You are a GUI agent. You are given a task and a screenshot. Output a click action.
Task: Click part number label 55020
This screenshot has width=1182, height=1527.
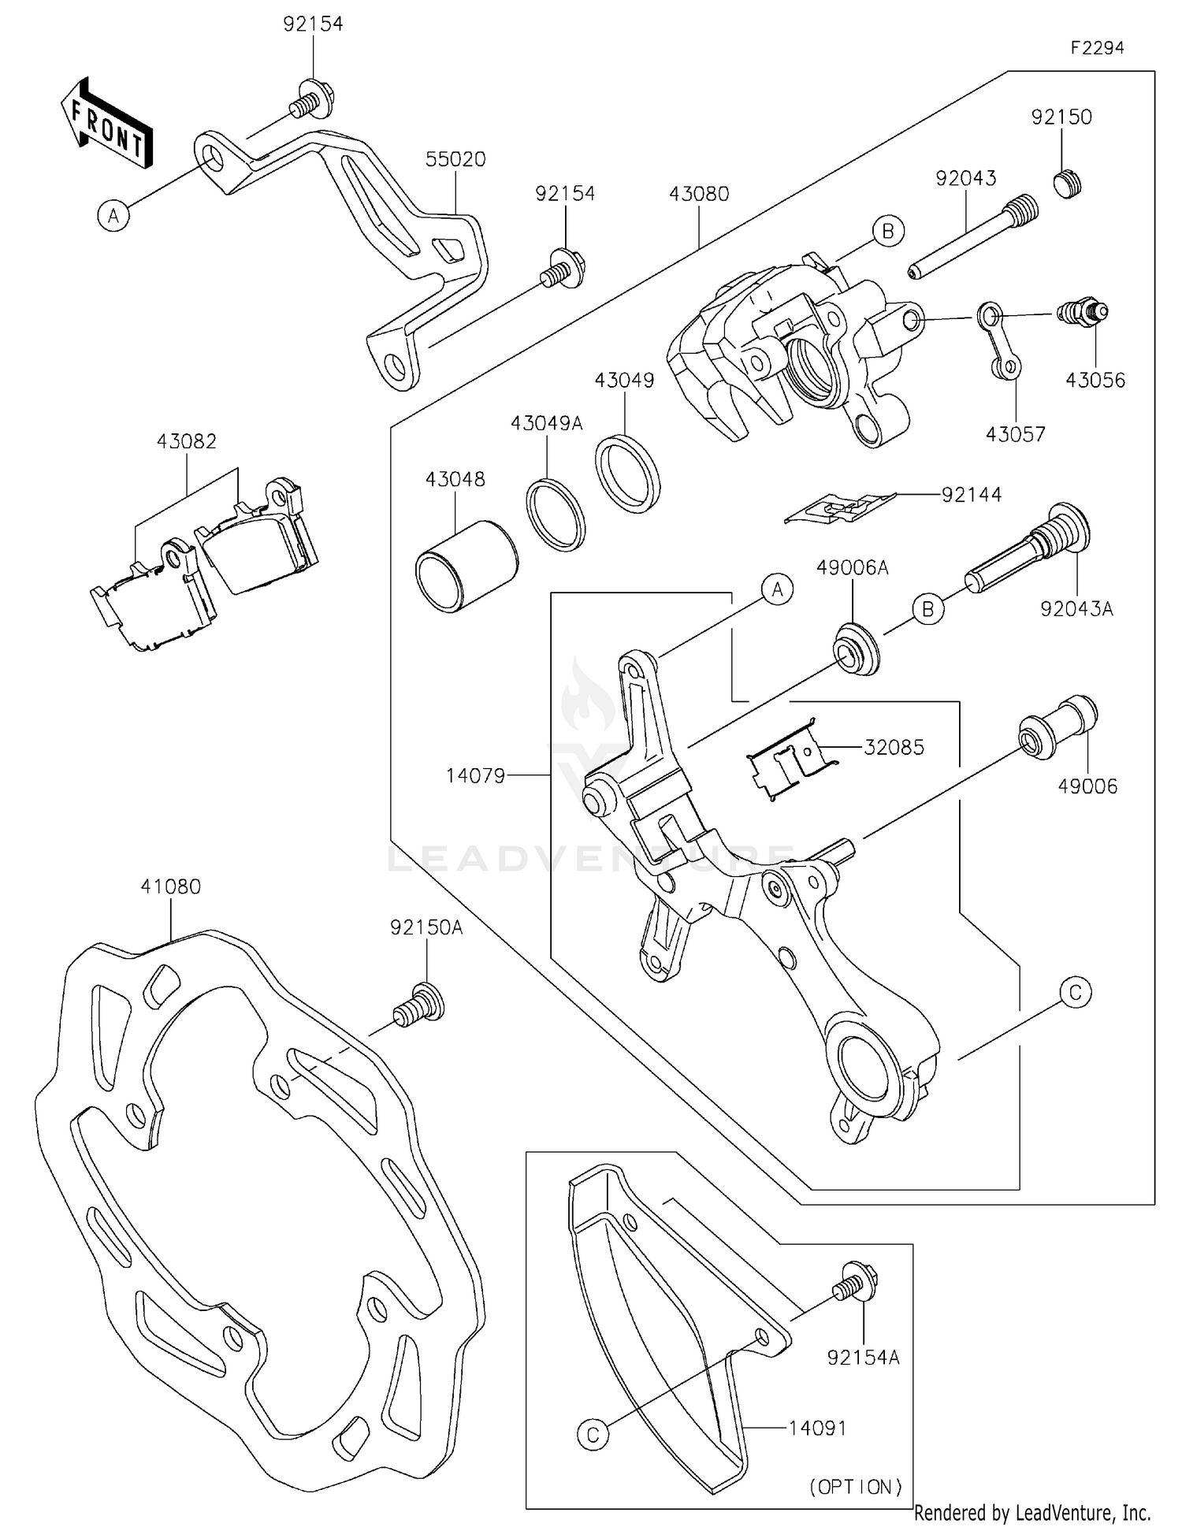(455, 159)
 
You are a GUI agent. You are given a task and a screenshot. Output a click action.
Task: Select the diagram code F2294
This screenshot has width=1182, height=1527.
(1097, 48)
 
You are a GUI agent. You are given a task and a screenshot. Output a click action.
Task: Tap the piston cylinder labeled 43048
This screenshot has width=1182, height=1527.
(466, 565)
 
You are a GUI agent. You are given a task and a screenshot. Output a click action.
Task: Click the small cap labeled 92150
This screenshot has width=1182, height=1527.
(1068, 183)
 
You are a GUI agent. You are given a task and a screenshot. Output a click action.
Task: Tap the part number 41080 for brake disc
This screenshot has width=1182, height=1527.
(170, 886)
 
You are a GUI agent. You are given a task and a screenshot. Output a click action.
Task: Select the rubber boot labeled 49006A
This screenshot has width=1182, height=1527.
(856, 648)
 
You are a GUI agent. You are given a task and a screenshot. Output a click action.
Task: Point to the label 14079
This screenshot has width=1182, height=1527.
(475, 775)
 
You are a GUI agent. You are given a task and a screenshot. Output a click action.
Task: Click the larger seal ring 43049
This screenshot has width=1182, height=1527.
(627, 474)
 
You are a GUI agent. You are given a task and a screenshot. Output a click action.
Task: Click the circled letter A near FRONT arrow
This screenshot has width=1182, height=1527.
(113, 215)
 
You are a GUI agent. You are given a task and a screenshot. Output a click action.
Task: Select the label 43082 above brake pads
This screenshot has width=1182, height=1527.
(186, 441)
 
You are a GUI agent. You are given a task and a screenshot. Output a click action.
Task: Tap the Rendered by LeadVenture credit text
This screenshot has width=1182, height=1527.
(1031, 1512)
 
